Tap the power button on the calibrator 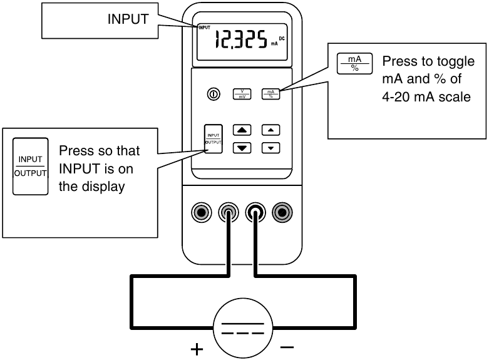tap(214, 95)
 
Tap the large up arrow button tap(242, 131)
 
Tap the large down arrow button tap(242, 148)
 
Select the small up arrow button tap(270, 131)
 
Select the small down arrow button tap(270, 148)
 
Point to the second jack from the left tap(229, 213)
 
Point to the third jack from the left tap(255, 213)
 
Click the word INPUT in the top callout tap(128, 19)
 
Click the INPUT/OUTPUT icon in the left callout tap(30, 167)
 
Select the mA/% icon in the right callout tap(355, 63)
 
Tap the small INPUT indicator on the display tap(204, 28)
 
